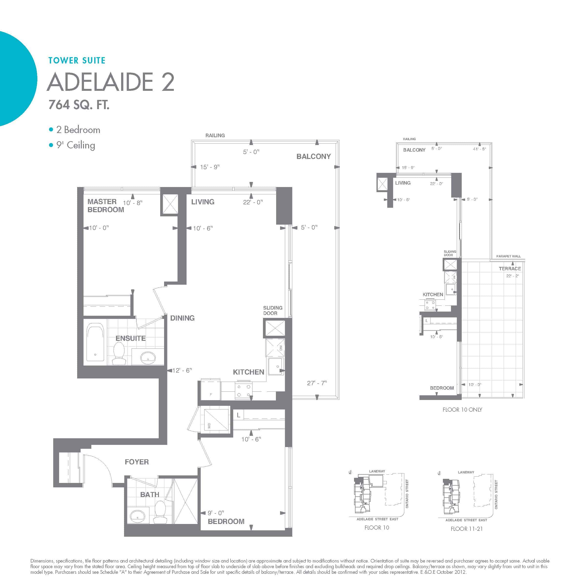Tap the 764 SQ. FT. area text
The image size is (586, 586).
click(x=79, y=105)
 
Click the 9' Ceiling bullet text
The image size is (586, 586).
click(x=75, y=145)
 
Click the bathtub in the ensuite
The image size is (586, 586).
click(x=95, y=342)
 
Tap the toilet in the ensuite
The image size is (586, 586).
click(x=119, y=353)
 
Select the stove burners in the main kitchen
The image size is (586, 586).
click(x=244, y=391)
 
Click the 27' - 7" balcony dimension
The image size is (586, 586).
click(x=317, y=383)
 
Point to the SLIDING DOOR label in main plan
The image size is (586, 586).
click(x=272, y=310)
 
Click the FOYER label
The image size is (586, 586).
click(x=137, y=462)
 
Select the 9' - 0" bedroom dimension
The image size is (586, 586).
click(x=216, y=513)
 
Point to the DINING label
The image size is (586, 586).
click(x=182, y=318)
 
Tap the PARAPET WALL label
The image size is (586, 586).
click(x=508, y=256)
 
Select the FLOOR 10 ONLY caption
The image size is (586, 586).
click(x=462, y=409)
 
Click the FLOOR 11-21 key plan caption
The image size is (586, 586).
click(x=467, y=529)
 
